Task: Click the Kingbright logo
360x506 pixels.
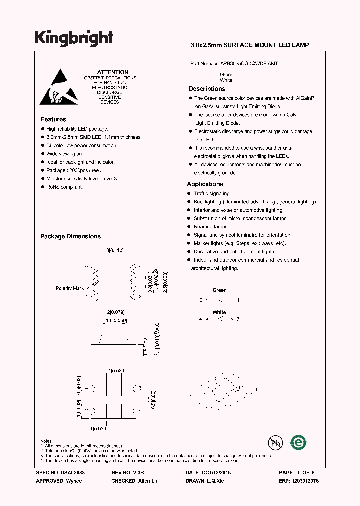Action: pyautogui.click(x=73, y=38)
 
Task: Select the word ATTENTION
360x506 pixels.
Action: pyautogui.click(x=112, y=72)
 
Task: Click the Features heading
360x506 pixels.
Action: pyautogui.click(x=53, y=119)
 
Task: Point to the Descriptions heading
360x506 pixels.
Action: pyautogui.click(x=207, y=89)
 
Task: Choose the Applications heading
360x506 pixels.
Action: pyautogui.click(x=205, y=184)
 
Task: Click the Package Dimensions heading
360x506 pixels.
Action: pyautogui.click(x=70, y=236)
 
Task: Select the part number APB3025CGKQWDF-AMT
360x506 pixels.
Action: pyautogui.click(x=249, y=64)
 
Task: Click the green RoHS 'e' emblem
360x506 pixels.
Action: pyautogui.click(x=299, y=442)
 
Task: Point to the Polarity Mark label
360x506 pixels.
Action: pyautogui.click(x=70, y=288)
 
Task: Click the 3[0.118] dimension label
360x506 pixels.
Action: pyautogui.click(x=115, y=250)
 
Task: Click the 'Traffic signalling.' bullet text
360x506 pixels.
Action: pyautogui.click(x=212, y=193)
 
